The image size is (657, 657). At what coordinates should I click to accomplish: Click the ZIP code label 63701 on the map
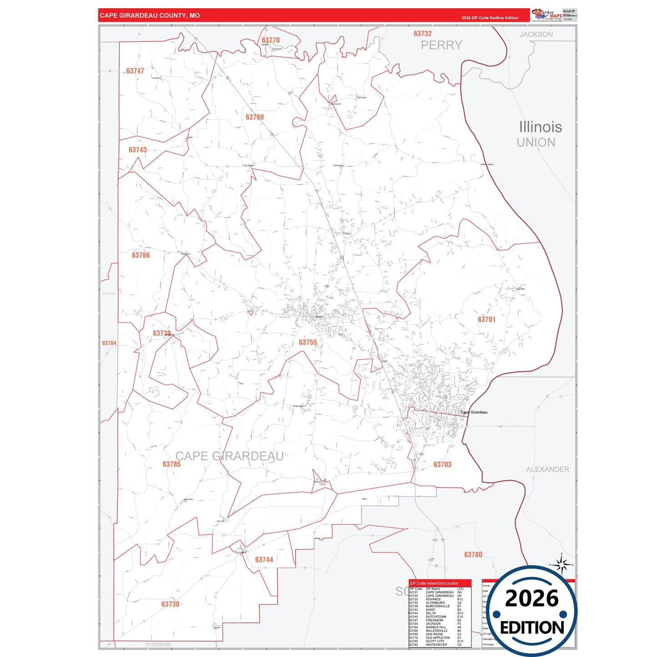pyautogui.click(x=486, y=320)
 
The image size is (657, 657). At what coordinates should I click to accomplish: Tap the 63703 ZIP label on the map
pyautogui.click(x=442, y=464)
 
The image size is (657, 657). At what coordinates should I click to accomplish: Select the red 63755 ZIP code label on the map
pyautogui.click(x=308, y=342)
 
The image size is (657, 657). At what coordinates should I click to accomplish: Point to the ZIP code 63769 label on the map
pyautogui.click(x=255, y=117)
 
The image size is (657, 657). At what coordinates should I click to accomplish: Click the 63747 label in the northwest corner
pyautogui.click(x=135, y=71)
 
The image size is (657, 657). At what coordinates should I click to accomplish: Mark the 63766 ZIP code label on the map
pyautogui.click(x=140, y=256)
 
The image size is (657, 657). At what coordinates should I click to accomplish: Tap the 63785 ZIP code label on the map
pyautogui.click(x=171, y=464)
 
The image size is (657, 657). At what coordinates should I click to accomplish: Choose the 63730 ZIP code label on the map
pyautogui.click(x=170, y=604)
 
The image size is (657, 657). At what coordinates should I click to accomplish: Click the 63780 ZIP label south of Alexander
pyautogui.click(x=473, y=555)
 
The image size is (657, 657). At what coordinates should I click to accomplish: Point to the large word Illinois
pyautogui.click(x=540, y=127)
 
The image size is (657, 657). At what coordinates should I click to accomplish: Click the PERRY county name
pyautogui.click(x=441, y=45)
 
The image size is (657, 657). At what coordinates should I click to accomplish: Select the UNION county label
pyautogui.click(x=536, y=143)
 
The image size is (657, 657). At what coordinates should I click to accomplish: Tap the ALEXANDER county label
pyautogui.click(x=547, y=469)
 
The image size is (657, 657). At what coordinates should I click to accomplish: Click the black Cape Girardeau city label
pyautogui.click(x=474, y=412)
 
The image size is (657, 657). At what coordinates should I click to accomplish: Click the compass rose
pyautogui.click(x=562, y=565)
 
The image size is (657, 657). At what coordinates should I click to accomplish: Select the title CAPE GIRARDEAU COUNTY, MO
pyautogui.click(x=150, y=15)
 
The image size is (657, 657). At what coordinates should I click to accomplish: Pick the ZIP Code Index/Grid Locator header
pyautogui.click(x=434, y=583)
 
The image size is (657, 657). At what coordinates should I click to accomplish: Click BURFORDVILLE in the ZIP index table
pyautogui.click(x=437, y=606)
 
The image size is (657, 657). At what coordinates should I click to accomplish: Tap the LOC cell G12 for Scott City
pyautogui.click(x=460, y=641)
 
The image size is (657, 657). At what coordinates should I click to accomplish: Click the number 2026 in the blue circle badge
pyautogui.click(x=532, y=598)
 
